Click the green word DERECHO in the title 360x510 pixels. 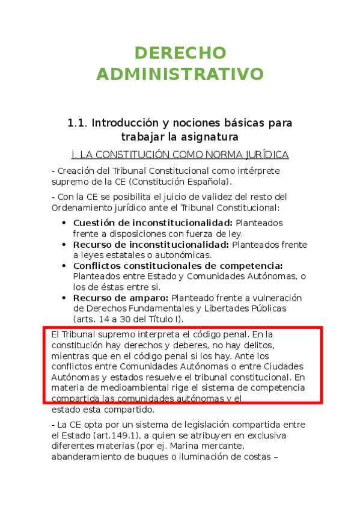[180, 53]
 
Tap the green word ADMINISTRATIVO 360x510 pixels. [180, 74]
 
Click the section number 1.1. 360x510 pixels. [78, 123]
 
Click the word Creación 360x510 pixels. [75, 171]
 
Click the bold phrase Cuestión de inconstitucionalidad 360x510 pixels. [153, 223]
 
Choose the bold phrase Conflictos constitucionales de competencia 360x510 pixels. [178, 266]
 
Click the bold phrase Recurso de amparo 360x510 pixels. [121, 298]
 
